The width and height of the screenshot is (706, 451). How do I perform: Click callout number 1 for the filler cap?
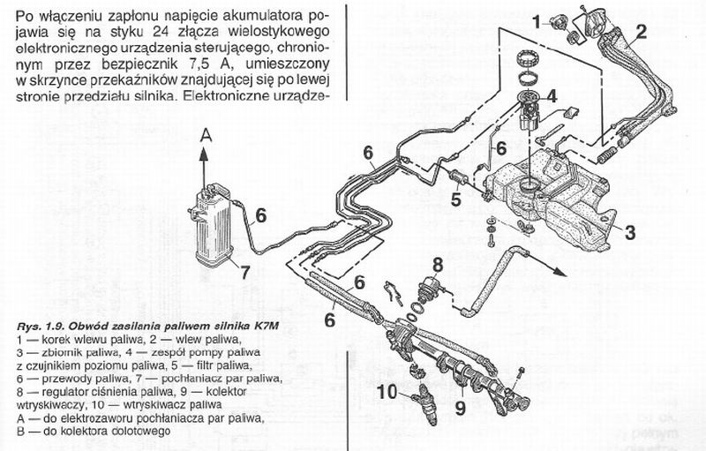536,19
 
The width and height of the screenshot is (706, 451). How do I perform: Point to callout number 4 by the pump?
551,96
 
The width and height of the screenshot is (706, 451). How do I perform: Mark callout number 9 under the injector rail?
459,408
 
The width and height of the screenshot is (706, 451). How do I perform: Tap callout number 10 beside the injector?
389,391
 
